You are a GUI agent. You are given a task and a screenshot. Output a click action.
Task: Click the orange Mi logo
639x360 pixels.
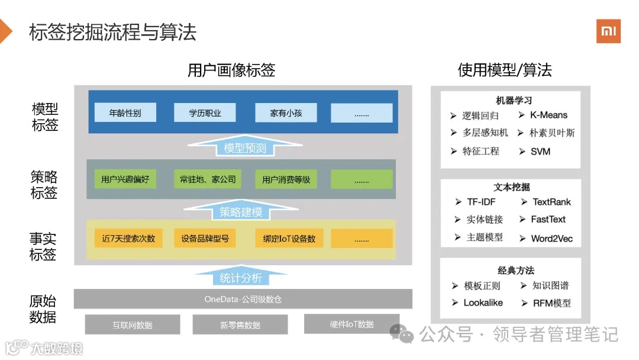pos(608,31)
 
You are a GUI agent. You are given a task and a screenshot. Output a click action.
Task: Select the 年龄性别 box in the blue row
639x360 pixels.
pos(125,112)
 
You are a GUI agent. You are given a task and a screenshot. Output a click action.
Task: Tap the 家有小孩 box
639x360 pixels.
pos(286,112)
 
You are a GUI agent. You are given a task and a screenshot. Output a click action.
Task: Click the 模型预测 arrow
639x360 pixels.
pos(245,147)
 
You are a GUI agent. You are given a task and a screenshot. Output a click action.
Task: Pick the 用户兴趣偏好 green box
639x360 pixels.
pos(125,179)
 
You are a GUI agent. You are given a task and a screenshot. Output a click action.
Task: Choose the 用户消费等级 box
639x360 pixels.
pos(286,179)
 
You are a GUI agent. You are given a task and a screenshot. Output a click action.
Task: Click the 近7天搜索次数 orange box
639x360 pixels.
pos(128,239)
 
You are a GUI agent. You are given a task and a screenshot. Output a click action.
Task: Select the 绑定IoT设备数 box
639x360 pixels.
pos(289,239)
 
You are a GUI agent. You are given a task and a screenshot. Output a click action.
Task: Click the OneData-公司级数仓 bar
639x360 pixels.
pos(243,299)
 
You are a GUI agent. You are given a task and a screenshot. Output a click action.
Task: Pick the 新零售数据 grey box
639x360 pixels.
pos(240,324)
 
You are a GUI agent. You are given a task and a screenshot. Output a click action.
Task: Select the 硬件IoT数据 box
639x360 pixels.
pos(351,324)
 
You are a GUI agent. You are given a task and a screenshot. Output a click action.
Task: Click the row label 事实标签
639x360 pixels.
pos(43,247)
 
